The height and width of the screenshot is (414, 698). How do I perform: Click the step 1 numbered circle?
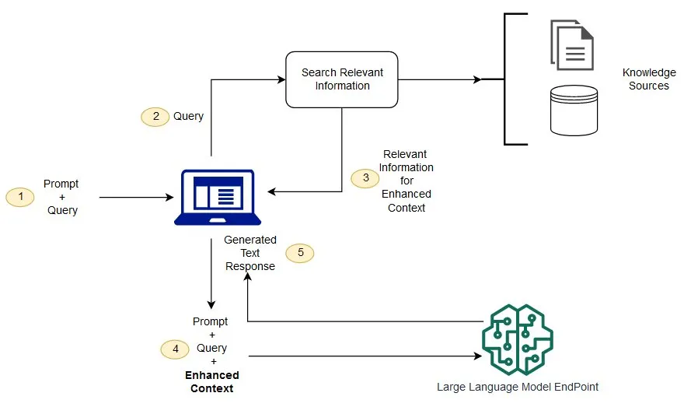(x=20, y=198)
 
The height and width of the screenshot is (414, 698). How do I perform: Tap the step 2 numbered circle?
(x=155, y=116)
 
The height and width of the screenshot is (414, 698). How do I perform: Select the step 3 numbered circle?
(x=365, y=178)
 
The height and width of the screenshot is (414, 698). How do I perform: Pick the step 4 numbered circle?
(x=175, y=349)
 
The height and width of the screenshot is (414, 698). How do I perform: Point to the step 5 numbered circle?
(x=300, y=253)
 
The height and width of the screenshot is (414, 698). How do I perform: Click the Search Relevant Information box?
(x=342, y=79)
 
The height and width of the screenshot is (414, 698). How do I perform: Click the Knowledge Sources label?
(x=649, y=79)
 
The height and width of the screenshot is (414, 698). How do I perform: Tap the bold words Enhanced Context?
(x=211, y=381)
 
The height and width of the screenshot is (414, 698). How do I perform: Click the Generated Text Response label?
(x=250, y=253)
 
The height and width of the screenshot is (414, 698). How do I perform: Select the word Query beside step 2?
(x=188, y=116)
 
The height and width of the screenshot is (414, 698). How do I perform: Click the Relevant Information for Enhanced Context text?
(x=407, y=181)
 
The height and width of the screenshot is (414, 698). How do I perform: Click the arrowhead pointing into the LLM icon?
(x=476, y=356)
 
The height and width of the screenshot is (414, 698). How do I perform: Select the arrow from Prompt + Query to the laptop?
(x=136, y=198)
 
